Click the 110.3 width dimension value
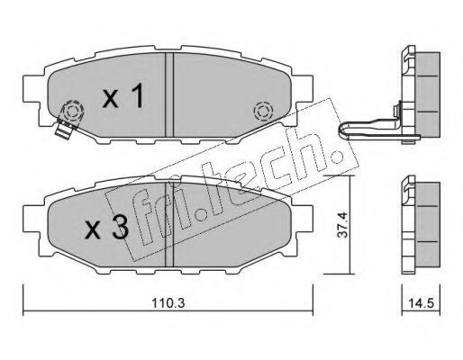168,303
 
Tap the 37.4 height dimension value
342,225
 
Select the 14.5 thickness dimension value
421,303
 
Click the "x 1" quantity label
123,95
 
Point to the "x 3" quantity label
106,228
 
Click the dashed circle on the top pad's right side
263,112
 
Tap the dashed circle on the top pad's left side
72,112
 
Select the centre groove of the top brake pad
169,94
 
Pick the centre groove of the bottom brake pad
169,224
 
